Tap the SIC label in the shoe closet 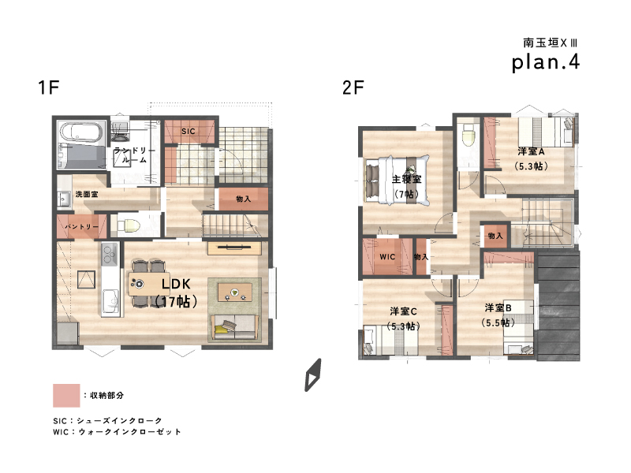tap(189, 131)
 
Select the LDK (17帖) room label tap(176, 292)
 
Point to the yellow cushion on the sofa tap(221, 329)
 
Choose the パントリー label tap(82, 226)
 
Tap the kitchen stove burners tap(109, 254)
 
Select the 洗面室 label tap(87, 194)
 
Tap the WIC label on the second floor tap(387, 257)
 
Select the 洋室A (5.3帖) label tap(531, 158)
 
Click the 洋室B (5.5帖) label tap(498, 315)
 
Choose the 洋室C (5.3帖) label tap(403, 318)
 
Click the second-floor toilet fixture tap(469, 135)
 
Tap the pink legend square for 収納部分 tap(66, 396)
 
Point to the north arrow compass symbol tap(313, 375)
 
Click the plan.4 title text tap(545, 62)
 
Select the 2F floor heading tap(353, 88)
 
